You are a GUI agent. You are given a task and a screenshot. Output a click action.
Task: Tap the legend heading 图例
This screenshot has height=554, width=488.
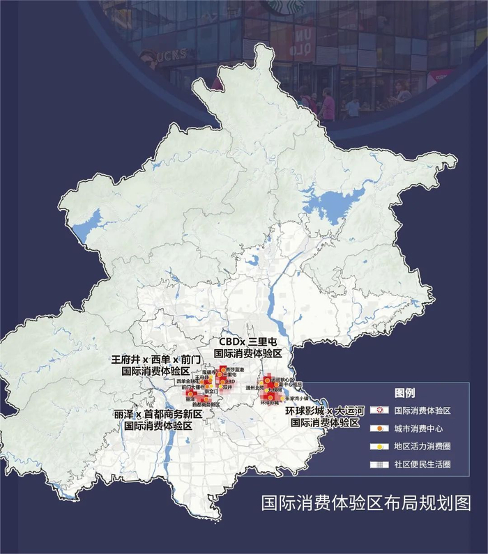point(404,393)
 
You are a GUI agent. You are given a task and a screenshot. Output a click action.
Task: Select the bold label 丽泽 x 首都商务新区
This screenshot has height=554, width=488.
point(158,415)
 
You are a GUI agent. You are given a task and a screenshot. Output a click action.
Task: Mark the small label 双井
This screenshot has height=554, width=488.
point(227,387)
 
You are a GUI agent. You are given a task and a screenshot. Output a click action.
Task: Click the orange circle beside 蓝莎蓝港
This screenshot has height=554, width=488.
point(222,369)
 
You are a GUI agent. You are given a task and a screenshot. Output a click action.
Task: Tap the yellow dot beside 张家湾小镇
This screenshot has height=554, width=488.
point(282,398)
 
